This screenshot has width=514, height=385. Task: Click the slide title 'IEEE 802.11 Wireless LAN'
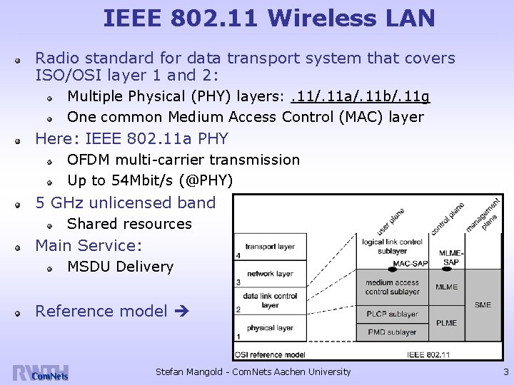pos(268,18)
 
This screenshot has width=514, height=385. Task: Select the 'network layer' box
pos(269,274)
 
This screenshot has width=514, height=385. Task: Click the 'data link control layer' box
pos(269,300)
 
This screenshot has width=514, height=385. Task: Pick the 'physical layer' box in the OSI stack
pos(269,328)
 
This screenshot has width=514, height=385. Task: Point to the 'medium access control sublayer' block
pos(392,287)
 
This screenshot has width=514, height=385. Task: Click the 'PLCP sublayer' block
pos(392,314)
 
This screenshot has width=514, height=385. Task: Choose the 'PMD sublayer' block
pos(392,332)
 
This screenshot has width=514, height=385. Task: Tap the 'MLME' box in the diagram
pos(447,287)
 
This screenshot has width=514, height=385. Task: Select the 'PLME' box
pos(447,322)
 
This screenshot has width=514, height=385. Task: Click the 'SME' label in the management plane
pos(483,305)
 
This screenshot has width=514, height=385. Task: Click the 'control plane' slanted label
pos(448,218)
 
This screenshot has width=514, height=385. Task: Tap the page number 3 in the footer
pos(505,371)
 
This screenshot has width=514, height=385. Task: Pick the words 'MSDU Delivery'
pos(120,267)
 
